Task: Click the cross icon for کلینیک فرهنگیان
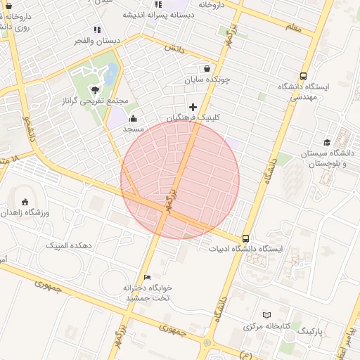[x=193, y=107]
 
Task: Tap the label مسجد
[x=134, y=129]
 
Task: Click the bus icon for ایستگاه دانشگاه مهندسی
[x=303, y=76]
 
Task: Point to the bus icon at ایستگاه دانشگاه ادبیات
[x=245, y=238]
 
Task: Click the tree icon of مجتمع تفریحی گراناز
[x=94, y=90]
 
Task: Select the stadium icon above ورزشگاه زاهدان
[x=26, y=202]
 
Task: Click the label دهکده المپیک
[x=69, y=245]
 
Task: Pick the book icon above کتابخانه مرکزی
[x=266, y=315]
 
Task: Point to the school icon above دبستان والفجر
[x=97, y=30]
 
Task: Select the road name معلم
[x=293, y=27]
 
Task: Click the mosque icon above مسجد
[x=134, y=118]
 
